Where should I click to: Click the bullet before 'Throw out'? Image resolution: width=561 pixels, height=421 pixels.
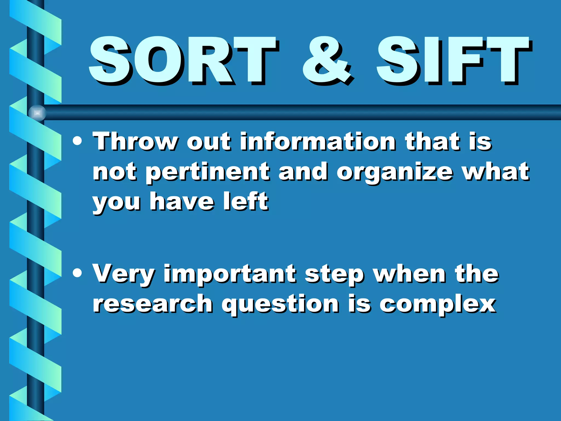pos(78,141)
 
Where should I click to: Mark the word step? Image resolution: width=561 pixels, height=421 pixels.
pos(334,275)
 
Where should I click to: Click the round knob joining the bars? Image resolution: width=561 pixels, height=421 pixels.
pos(37,113)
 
